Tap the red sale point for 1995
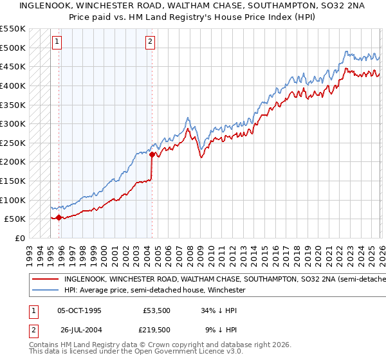(x=59, y=217)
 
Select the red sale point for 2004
(x=152, y=154)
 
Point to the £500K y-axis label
(x=12, y=48)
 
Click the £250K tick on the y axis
(x=12, y=143)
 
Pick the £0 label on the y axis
(x=19, y=238)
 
